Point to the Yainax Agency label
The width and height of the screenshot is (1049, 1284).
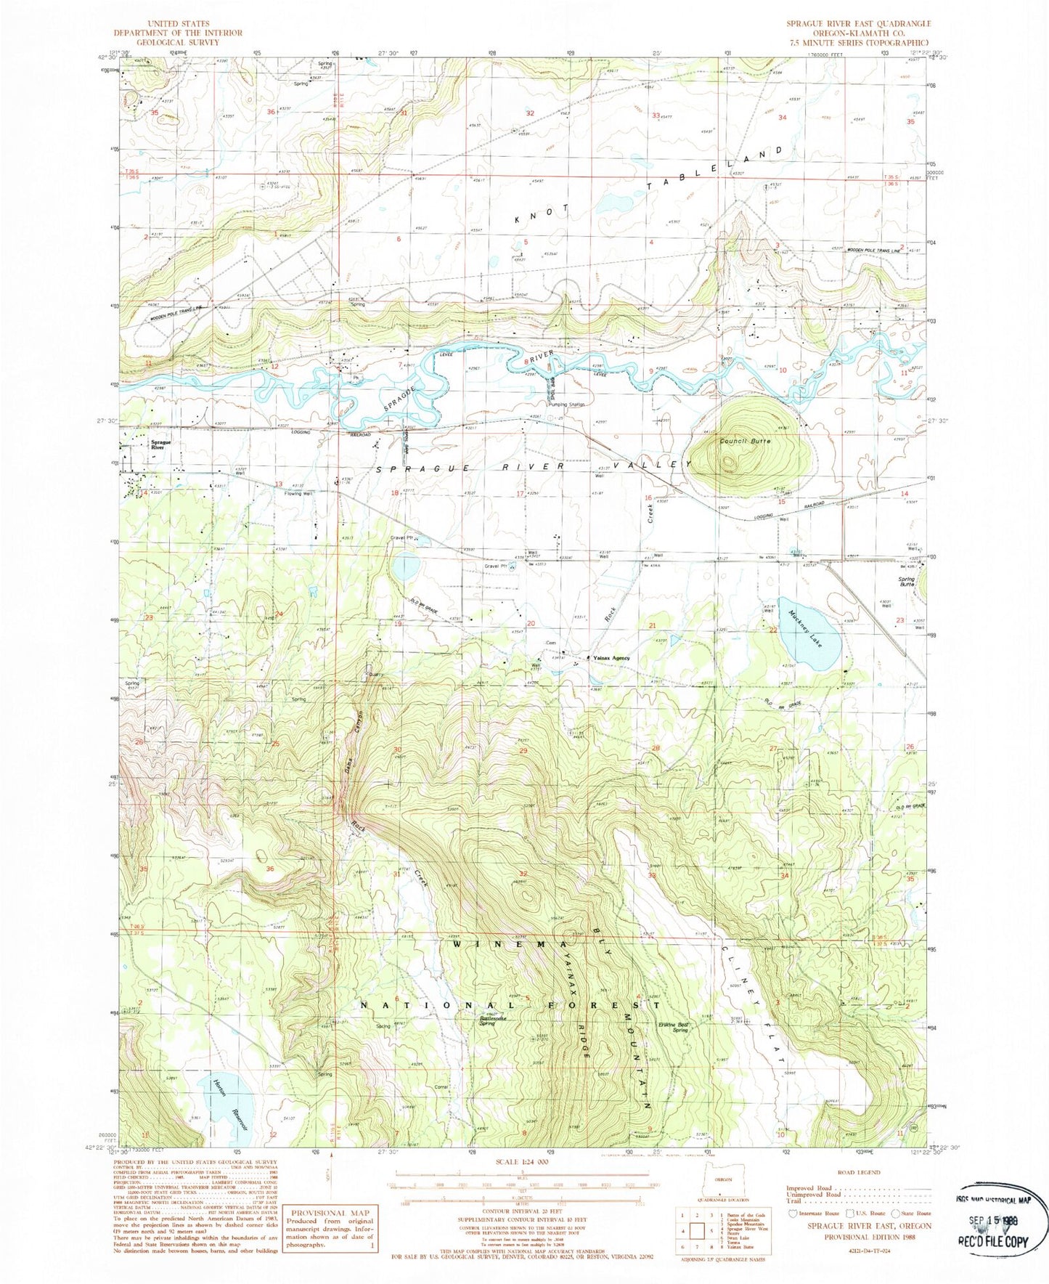611,658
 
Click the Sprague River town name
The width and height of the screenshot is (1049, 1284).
160,444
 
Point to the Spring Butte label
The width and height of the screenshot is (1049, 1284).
907,582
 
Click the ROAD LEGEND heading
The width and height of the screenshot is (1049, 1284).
858,1172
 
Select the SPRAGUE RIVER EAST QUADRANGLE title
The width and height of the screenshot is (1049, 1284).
858,24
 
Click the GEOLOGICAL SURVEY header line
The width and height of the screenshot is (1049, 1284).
177,41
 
